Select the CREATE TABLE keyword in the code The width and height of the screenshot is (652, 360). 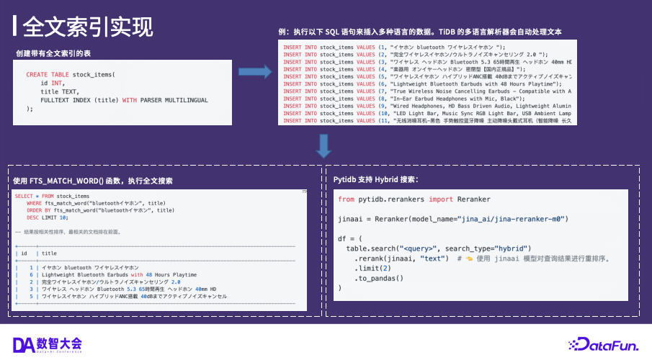(48, 75)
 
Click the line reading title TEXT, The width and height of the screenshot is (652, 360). (60, 91)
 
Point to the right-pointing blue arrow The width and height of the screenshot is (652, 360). (253, 72)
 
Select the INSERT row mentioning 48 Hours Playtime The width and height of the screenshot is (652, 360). (425, 84)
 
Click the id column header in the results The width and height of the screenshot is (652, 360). (24, 253)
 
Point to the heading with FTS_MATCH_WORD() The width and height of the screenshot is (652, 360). (93, 180)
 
